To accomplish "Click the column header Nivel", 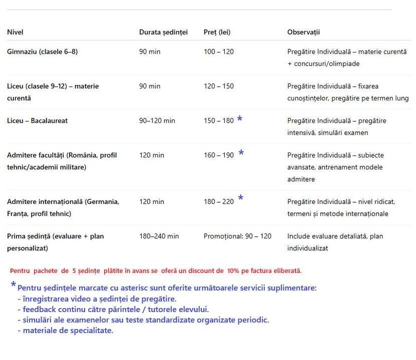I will pyautogui.click(x=15, y=32).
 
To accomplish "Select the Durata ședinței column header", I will pyautogui.click(x=163, y=32).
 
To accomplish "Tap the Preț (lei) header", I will pyautogui.click(x=217, y=32).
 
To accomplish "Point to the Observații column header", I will pyautogui.click(x=304, y=32).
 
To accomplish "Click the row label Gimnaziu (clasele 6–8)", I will pyautogui.click(x=42, y=52).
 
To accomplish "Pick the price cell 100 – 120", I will pyautogui.click(x=219, y=52).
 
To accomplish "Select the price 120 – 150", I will pyautogui.click(x=219, y=87).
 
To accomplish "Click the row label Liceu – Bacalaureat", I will pyautogui.click(x=37, y=121).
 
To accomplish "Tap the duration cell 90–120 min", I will pyautogui.click(x=157, y=121).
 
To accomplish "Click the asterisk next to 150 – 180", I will pyautogui.click(x=240, y=119).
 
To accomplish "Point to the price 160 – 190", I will pyautogui.click(x=219, y=156).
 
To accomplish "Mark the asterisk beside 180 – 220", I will pyautogui.click(x=240, y=198).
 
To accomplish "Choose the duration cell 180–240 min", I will pyautogui.click(x=159, y=236).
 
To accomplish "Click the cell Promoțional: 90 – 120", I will pyautogui.click(x=238, y=236).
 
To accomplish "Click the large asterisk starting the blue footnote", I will pyautogui.click(x=13, y=285).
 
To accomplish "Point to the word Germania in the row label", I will pyautogui.click(x=104, y=202).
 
